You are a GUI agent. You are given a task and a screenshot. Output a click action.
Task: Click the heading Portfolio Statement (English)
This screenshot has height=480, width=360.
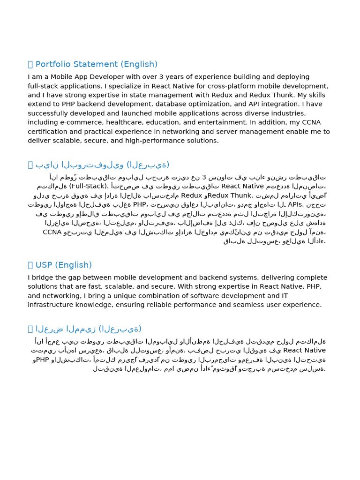pyautogui.click(x=97, y=64)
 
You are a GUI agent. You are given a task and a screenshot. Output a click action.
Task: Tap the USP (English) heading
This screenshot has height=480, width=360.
pyautogui.click(x=64, y=265)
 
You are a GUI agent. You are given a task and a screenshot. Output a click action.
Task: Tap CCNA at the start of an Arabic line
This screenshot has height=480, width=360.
pyautogui.click(x=52, y=232)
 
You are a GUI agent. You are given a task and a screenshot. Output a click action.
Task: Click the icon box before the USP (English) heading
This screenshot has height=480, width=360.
pyautogui.click(x=30, y=265)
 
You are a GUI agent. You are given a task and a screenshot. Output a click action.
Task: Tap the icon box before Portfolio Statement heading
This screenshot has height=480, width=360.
pyautogui.click(x=30, y=65)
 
